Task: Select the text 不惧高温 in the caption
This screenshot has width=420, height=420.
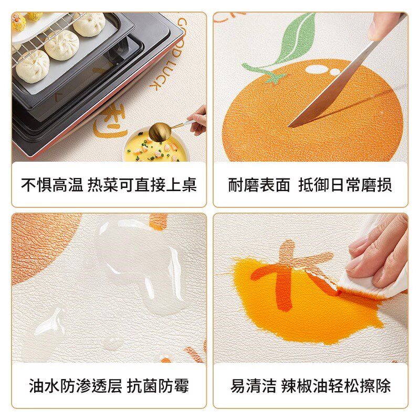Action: (x=51, y=185)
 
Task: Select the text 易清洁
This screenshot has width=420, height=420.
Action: (x=253, y=387)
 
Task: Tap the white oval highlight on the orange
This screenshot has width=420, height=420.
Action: (x=315, y=69)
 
